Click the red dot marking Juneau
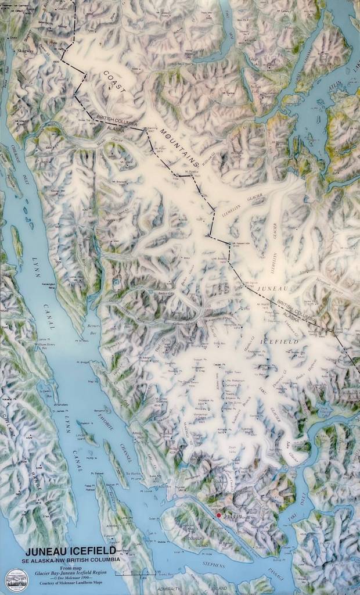pos(218,515)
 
